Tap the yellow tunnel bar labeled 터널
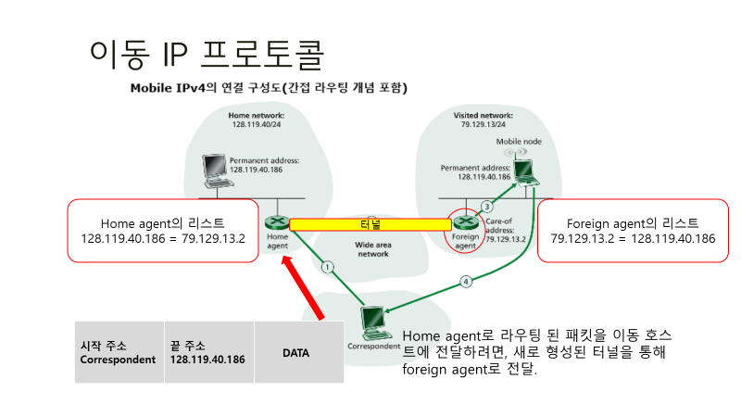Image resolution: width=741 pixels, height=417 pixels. pyautogui.click(x=370, y=224)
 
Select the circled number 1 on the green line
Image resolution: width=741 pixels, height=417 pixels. pyautogui.click(x=327, y=268)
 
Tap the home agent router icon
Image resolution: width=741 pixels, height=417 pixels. pyautogui.click(x=275, y=223)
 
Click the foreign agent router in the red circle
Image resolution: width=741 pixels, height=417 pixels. pyautogui.click(x=463, y=223)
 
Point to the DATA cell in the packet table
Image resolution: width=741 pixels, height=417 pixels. pyautogui.click(x=296, y=352)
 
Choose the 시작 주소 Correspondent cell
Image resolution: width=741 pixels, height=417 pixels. pyautogui.click(x=119, y=352)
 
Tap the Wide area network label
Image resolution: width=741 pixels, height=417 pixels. pyautogui.click(x=373, y=248)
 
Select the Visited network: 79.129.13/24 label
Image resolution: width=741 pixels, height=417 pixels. pyautogui.click(x=483, y=119)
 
